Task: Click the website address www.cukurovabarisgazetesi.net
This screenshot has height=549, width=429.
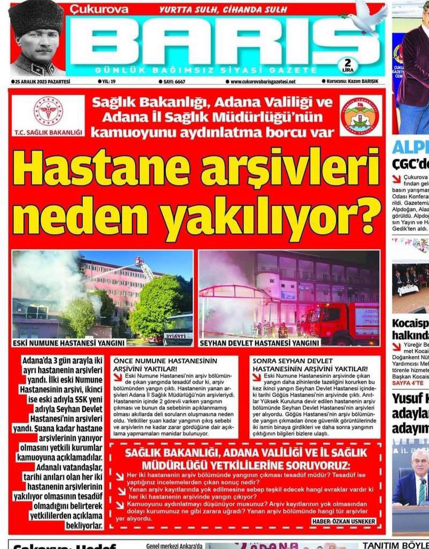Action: (x=263, y=81)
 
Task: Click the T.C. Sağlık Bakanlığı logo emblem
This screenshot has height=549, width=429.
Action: (x=48, y=111)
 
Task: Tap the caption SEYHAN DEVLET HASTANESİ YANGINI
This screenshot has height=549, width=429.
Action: (x=259, y=342)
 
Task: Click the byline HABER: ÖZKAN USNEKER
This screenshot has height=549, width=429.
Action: (x=344, y=521)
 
